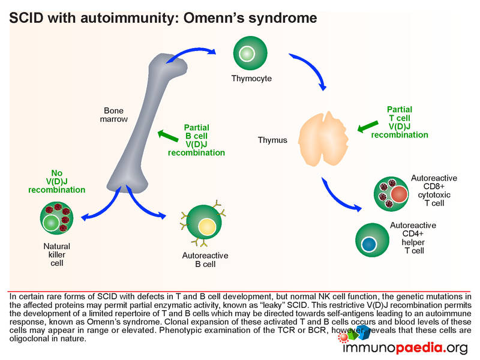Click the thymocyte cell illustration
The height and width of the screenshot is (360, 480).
click(x=247, y=54)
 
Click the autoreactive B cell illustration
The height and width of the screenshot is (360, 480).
click(x=207, y=226)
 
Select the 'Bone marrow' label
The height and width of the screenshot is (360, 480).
click(x=113, y=115)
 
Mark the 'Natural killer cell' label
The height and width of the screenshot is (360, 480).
click(x=56, y=254)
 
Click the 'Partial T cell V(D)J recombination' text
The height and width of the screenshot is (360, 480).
click(x=400, y=122)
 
